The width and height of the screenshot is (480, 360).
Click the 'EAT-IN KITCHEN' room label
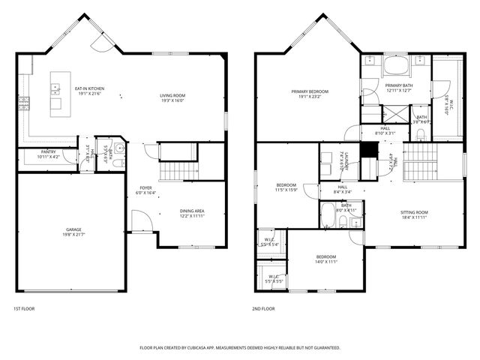click(x=89, y=88)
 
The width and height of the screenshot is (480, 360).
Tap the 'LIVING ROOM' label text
click(x=172, y=95)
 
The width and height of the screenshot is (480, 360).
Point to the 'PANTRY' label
click(x=49, y=151)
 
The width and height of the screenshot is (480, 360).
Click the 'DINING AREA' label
click(x=192, y=211)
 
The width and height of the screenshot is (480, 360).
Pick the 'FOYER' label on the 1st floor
click(x=145, y=187)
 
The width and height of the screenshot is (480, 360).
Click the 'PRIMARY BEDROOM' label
click(x=310, y=91)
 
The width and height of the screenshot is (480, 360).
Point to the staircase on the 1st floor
click(x=178, y=171)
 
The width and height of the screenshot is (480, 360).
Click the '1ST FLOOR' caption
click(x=24, y=308)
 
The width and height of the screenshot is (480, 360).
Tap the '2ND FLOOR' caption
click(x=264, y=308)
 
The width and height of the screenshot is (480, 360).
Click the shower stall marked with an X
click(x=393, y=115)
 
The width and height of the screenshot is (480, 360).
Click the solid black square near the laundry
click(x=367, y=149)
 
